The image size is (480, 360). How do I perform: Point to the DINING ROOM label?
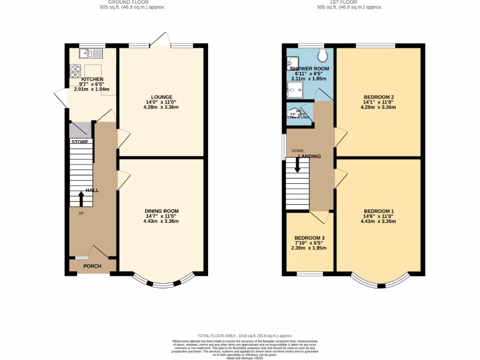pos(161,211)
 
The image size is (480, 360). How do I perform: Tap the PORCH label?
pos(92,266)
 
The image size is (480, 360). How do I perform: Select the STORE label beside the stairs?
pos(80,142)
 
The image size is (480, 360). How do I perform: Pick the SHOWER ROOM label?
pos(309,68)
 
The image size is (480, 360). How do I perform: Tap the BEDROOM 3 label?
pos(310,238)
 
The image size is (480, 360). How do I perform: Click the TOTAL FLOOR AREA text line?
pos(245,336)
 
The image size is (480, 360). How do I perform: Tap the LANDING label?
pos(310,156)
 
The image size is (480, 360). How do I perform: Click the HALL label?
pos(92,191)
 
